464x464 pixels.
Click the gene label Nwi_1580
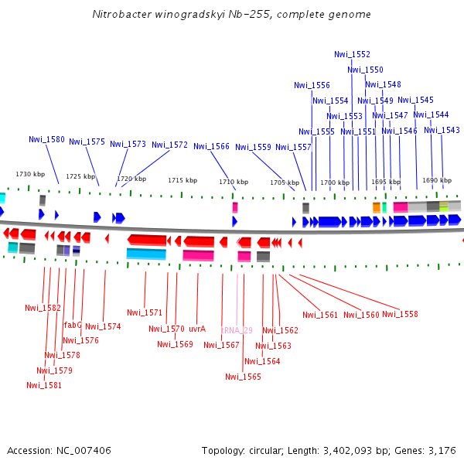tap(46, 140)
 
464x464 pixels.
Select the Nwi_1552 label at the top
tap(352, 55)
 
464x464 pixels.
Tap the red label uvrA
tap(196, 329)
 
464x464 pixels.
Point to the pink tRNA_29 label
tap(237, 330)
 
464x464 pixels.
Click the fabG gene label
tap(73, 326)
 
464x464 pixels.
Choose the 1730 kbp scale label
tap(31, 174)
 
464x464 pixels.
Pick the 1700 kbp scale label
tap(335, 183)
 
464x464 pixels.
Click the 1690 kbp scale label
tap(437, 180)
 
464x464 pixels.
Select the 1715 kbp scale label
tap(183, 180)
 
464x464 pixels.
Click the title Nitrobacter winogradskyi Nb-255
tap(231, 15)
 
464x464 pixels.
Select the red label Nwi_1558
tap(400, 315)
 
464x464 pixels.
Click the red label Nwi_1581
tap(44, 385)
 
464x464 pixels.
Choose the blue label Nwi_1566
tap(211, 146)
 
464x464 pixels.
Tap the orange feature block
tap(377, 207)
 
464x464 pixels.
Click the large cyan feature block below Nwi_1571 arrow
tap(146, 254)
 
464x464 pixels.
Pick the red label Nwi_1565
tap(243, 377)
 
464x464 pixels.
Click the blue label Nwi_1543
tap(442, 130)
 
